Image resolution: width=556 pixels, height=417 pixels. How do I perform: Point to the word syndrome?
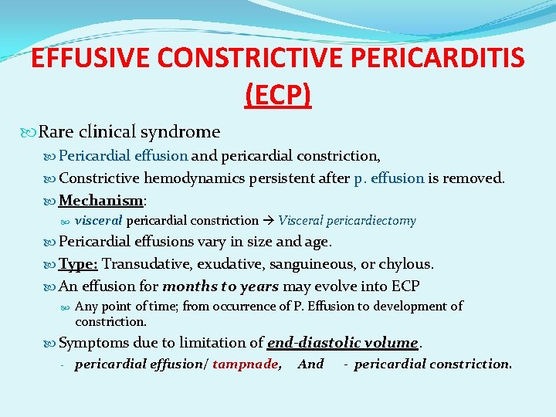186,132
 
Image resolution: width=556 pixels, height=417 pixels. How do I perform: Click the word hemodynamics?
183,178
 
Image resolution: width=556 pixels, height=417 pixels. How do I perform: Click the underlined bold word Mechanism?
100,201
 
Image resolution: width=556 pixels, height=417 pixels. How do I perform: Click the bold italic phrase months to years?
220,286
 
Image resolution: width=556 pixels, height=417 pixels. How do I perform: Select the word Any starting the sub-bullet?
86,307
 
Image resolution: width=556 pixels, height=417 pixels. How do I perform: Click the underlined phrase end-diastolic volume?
342,342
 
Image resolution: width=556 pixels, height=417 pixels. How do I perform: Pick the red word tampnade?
246,364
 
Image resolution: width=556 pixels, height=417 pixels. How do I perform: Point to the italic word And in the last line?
310,364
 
